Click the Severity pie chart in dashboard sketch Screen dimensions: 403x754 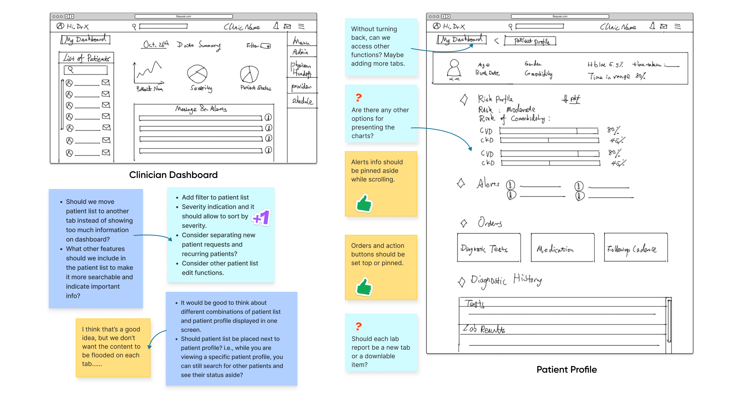tap(197, 74)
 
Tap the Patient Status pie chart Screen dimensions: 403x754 tap(249, 74)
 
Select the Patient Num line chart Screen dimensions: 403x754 tap(149, 73)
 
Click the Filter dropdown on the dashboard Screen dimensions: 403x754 tap(266, 46)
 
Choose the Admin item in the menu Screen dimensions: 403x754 tap(300, 52)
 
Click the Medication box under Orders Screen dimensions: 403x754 tap(562, 248)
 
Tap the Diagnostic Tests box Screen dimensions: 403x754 tap(488, 248)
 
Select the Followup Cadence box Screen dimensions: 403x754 tap(635, 248)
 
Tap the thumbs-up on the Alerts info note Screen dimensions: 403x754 tap(364, 203)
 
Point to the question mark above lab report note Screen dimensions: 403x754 tap(358, 326)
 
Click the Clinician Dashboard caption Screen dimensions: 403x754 tap(173, 175)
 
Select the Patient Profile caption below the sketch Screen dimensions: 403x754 tap(566, 369)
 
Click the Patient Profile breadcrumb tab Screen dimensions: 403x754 tap(530, 41)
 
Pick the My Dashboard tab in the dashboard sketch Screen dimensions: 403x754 tap(85, 39)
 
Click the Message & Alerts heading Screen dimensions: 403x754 tap(201, 109)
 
